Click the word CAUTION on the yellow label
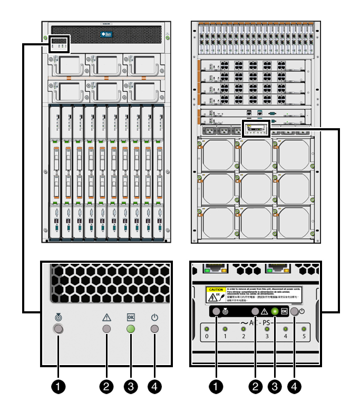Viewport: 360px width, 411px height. point(216,290)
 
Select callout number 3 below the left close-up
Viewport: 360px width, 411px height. point(130,386)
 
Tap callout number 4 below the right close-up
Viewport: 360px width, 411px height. point(294,386)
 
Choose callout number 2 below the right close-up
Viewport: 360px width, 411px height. point(256,386)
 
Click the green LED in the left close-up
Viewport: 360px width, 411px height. point(130,330)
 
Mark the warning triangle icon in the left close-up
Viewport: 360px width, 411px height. point(106,318)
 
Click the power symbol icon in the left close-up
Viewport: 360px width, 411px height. point(154,318)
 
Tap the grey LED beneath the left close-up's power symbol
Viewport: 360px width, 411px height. point(154,330)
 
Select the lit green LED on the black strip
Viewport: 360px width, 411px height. point(274,311)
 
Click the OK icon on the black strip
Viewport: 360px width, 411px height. point(284,311)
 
